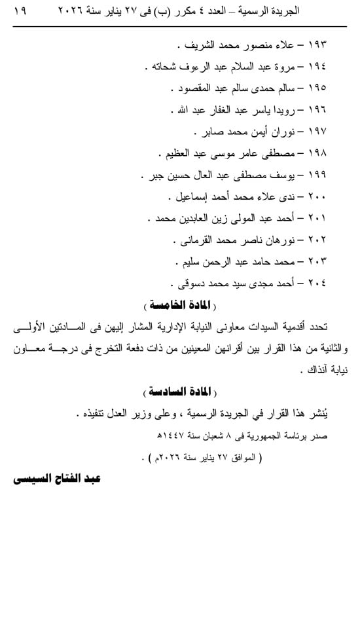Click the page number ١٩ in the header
[18, 12]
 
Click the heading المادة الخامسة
[180, 306]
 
